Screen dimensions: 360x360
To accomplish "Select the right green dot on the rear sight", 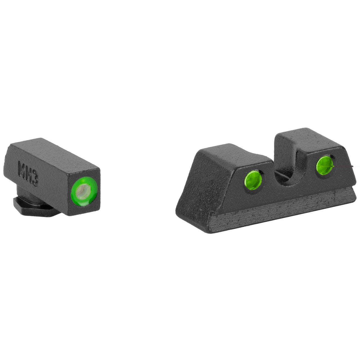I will [x=325, y=164].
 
